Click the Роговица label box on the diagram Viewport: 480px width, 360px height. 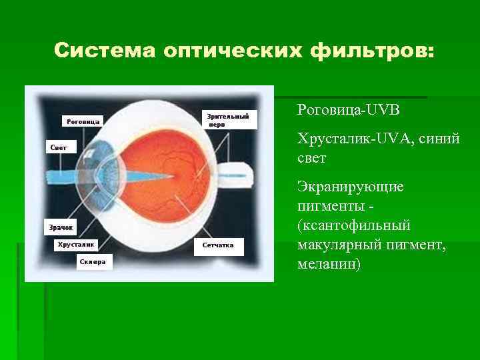(x=83, y=121)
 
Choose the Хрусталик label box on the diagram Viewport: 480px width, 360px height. (x=77, y=245)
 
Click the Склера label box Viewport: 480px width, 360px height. (x=93, y=262)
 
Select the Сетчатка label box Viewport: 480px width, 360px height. (x=219, y=245)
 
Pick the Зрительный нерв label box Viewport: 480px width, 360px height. (x=229, y=120)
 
